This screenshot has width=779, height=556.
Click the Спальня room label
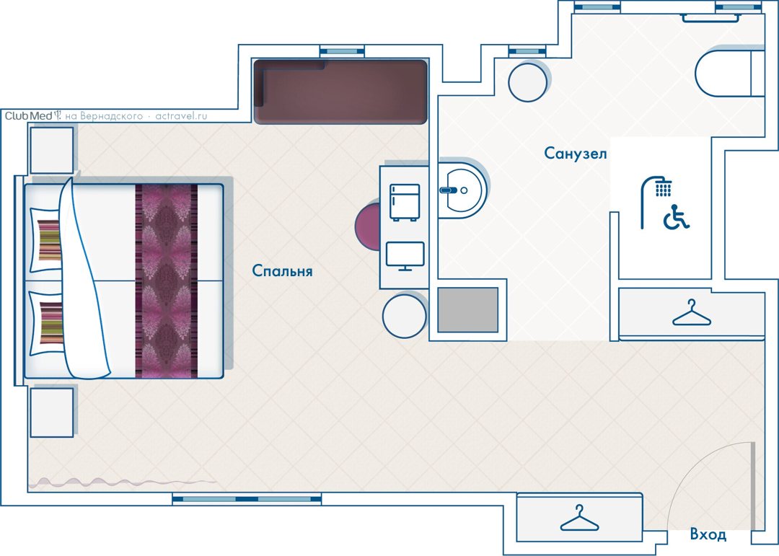[282, 271]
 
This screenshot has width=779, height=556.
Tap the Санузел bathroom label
[576, 153]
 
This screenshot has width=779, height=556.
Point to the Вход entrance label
[708, 534]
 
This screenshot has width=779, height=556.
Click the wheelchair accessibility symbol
[676, 217]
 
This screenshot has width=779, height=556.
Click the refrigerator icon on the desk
[405, 202]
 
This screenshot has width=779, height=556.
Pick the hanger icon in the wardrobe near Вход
[579, 519]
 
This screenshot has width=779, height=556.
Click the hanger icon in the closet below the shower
[692, 313]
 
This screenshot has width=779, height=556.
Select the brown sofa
[340, 92]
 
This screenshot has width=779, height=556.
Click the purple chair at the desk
[368, 226]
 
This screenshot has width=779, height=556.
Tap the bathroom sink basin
[462, 190]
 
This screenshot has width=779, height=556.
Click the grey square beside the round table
[467, 310]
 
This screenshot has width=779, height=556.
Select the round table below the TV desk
[405, 316]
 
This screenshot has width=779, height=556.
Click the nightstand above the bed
[52, 150]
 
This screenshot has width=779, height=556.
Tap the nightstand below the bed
[52, 412]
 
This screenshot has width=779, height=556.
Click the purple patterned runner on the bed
[167, 281]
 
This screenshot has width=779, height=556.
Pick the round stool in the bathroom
[527, 82]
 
